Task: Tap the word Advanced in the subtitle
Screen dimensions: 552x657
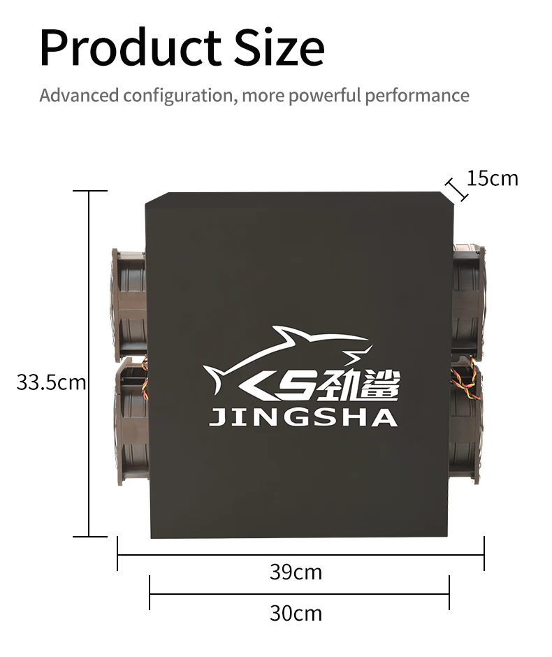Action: [79, 95]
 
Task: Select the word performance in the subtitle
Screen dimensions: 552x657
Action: [416, 95]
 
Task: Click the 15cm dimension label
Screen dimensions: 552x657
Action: [493, 178]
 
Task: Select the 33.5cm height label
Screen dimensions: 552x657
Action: [50, 382]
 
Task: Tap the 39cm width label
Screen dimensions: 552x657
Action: [296, 572]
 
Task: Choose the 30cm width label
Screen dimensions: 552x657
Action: [296, 613]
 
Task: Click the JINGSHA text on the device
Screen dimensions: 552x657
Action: [303, 418]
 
